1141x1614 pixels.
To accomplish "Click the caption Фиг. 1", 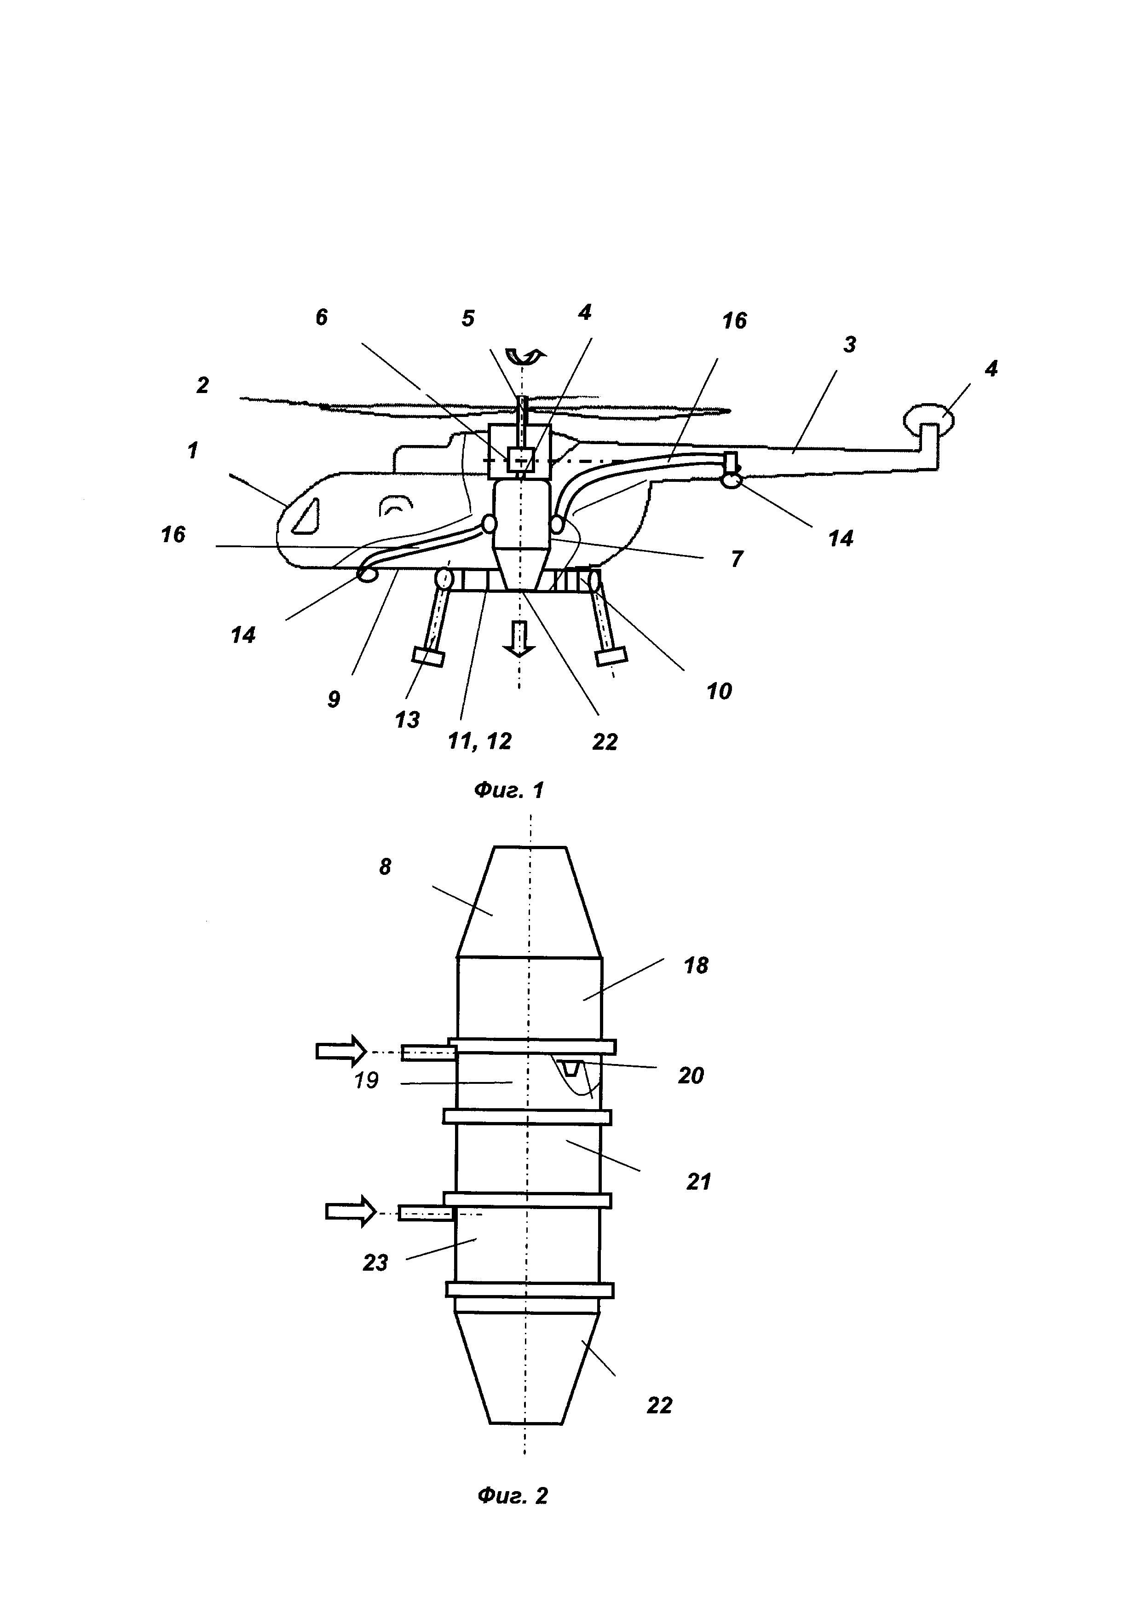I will pos(509,790).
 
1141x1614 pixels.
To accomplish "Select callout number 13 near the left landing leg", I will pos(408,719).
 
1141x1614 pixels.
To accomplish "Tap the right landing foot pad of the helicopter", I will pos(611,657).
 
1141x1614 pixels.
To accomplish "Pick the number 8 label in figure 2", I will pos(385,867).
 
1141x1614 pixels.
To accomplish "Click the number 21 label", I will pos(698,1182).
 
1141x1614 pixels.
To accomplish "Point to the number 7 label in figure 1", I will pos(736,559).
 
